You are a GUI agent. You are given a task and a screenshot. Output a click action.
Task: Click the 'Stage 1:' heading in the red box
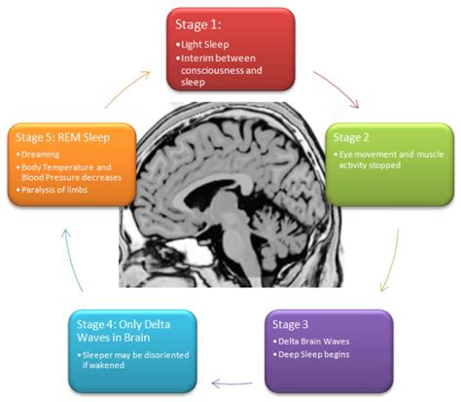[200, 23]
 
